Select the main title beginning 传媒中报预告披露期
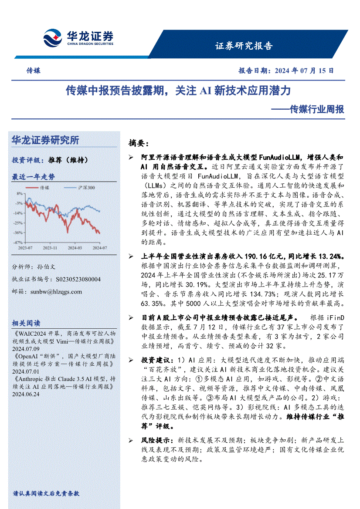[178, 91]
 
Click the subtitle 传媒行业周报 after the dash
[317, 109]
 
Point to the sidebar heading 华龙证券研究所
[45, 140]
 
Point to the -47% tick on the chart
[19, 243]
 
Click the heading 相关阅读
[26, 324]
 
